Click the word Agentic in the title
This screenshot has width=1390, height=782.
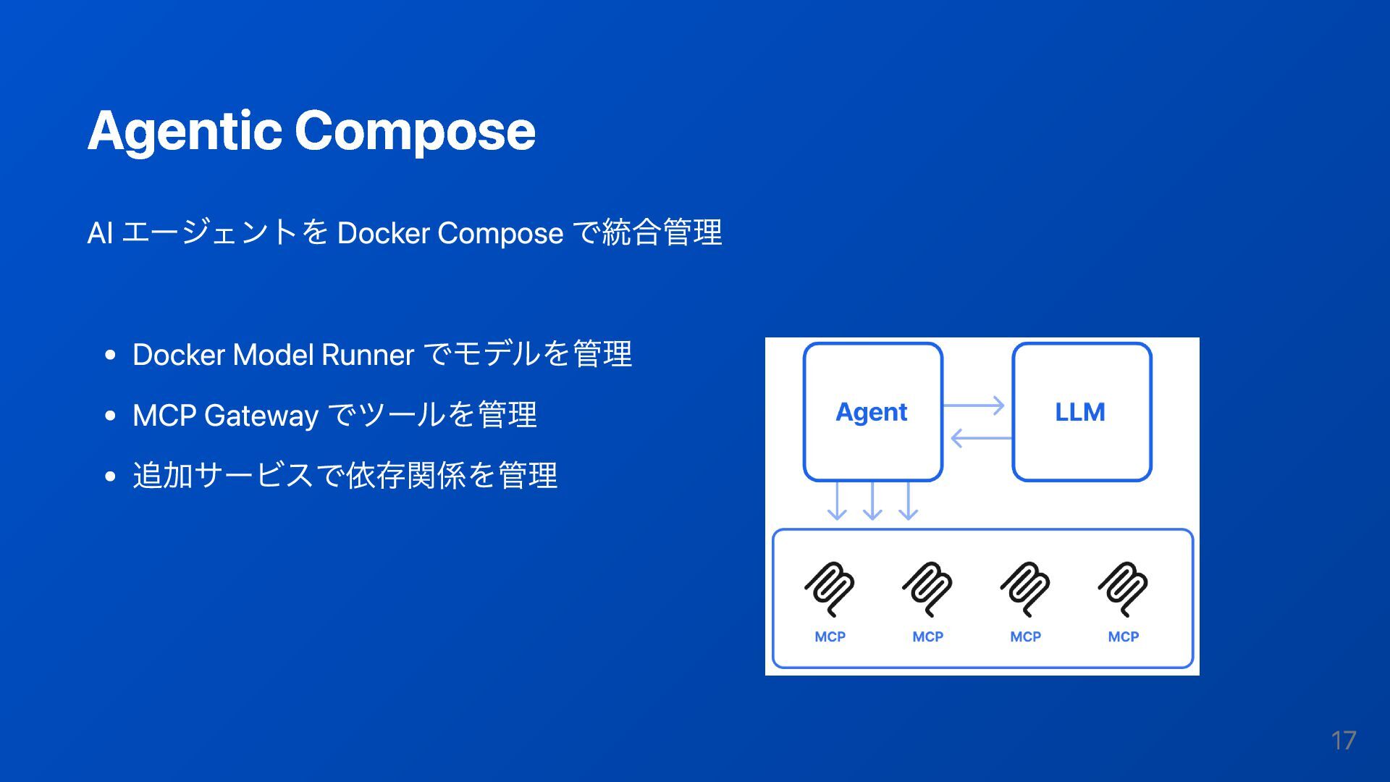[x=184, y=131]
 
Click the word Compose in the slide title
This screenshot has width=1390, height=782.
[x=414, y=131]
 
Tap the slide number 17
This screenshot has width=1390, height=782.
[x=1343, y=741]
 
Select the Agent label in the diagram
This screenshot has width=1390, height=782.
[x=871, y=412]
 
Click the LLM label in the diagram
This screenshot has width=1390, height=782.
[x=1079, y=412]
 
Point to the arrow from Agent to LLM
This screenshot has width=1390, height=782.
[x=974, y=405]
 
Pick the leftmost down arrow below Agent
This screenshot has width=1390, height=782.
[x=837, y=500]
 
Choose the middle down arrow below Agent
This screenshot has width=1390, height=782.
[x=872, y=500]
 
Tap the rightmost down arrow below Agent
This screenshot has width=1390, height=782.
[x=908, y=500]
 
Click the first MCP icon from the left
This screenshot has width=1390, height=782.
[x=830, y=589]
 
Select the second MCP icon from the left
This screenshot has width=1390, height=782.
[x=927, y=589]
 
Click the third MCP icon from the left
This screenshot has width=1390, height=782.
[x=1025, y=589]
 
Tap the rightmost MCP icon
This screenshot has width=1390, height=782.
[x=1123, y=589]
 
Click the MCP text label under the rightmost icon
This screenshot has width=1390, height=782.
[x=1123, y=636]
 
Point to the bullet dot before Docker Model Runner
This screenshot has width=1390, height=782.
[x=110, y=355]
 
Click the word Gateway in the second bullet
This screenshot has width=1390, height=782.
[x=261, y=416]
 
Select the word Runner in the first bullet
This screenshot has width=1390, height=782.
[x=367, y=355]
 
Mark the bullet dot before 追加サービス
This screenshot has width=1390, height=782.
[x=110, y=476]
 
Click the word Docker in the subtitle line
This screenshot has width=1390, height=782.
[x=383, y=233]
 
